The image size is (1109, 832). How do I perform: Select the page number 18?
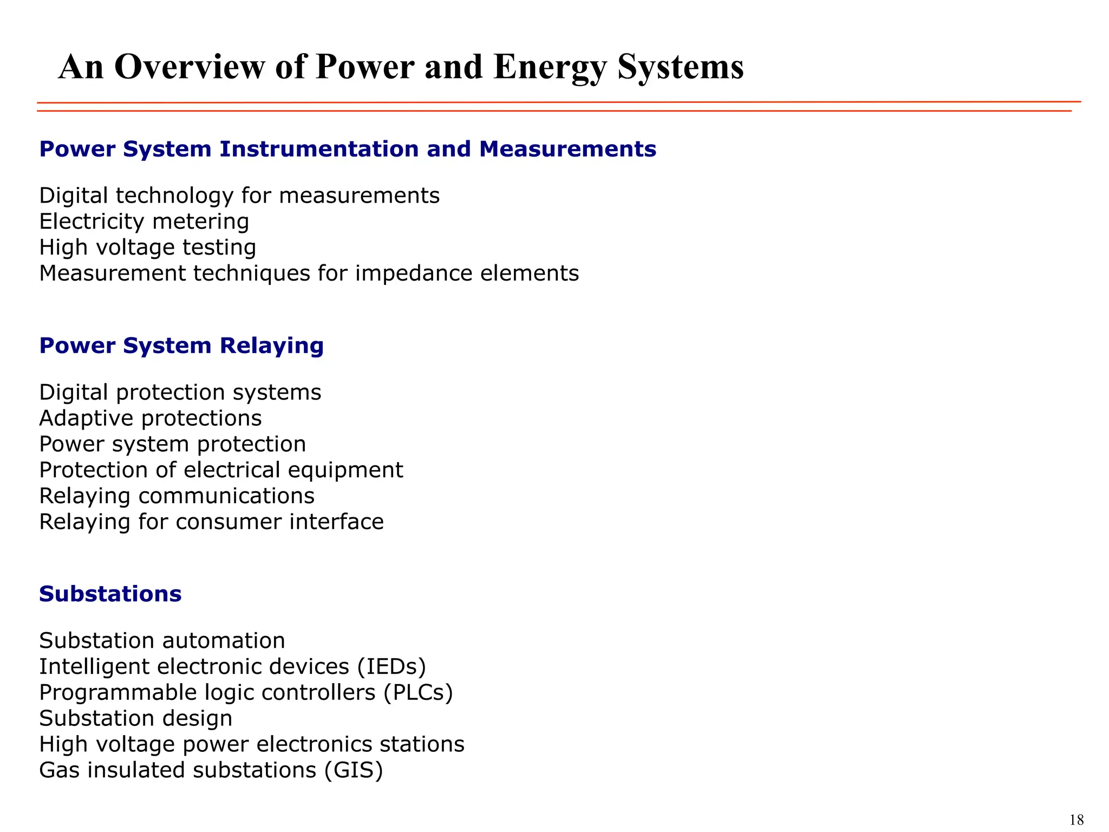[1077, 820]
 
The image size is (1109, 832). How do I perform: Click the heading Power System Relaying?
[181, 346]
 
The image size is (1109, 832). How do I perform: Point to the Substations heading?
[110, 594]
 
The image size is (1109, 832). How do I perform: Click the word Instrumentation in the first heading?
[319, 149]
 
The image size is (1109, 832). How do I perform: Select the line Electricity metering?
[144, 222]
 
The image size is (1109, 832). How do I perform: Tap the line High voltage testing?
[147, 248]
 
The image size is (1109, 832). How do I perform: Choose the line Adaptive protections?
[151, 418]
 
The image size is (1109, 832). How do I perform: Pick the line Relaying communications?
[177, 496]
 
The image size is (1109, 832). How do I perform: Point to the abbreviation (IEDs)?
[392, 667]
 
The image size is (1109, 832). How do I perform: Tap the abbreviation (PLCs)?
[418, 693]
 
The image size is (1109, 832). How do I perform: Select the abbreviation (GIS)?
[354, 770]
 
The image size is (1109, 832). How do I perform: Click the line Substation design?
[135, 719]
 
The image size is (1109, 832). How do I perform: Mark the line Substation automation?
[162, 641]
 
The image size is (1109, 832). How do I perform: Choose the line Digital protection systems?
[180, 392]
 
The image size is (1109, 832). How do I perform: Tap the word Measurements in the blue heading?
[567, 149]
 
